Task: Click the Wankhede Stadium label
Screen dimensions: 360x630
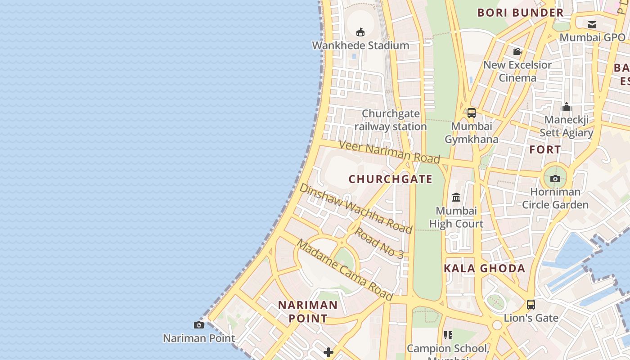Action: click(x=360, y=45)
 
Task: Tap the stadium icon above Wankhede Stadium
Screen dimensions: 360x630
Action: click(x=360, y=32)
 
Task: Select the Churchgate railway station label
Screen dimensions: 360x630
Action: click(x=391, y=120)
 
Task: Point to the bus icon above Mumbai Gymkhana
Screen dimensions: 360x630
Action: click(x=472, y=112)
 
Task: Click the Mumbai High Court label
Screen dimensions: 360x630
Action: click(x=456, y=217)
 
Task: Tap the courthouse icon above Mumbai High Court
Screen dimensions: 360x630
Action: click(x=456, y=197)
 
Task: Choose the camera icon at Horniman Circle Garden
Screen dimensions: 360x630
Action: click(x=555, y=179)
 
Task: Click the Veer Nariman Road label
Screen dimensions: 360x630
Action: click(x=389, y=152)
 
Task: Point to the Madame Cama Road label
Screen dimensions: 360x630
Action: click(x=345, y=270)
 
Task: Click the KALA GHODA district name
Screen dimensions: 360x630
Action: click(x=485, y=269)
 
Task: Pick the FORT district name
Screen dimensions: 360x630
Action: click(x=545, y=149)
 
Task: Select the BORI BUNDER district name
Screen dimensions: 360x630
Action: click(x=521, y=13)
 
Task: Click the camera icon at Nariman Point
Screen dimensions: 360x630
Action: click(x=199, y=325)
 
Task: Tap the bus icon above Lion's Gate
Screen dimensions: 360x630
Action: click(x=531, y=305)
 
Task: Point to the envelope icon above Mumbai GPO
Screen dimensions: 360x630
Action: click(x=592, y=24)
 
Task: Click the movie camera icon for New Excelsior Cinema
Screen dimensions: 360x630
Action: click(x=517, y=52)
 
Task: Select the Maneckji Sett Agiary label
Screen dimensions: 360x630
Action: click(x=567, y=126)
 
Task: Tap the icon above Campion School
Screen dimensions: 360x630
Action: click(x=448, y=335)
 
